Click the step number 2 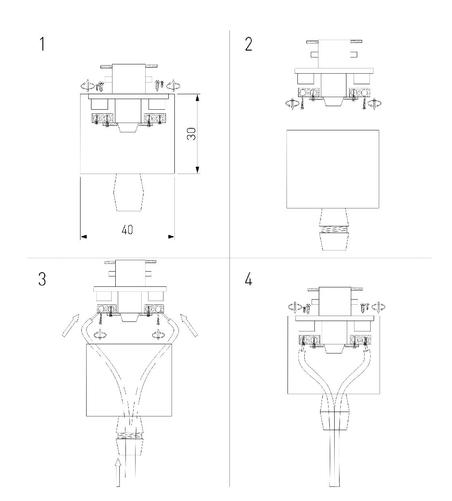click(248, 44)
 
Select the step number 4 click(248, 279)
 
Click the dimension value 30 click(191, 134)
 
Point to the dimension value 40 click(127, 230)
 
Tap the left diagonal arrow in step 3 click(70, 325)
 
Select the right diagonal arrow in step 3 click(189, 325)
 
